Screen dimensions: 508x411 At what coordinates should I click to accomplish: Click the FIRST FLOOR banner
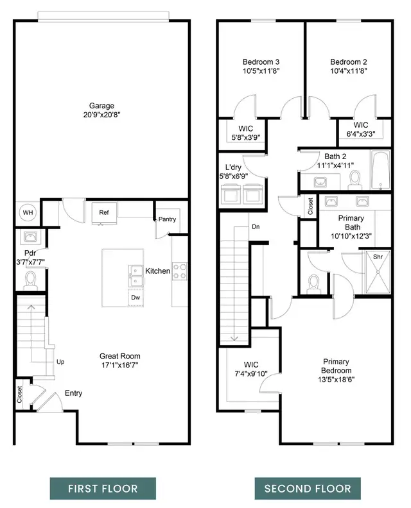click(103, 488)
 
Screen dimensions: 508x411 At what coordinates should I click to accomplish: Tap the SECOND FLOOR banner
click(308, 488)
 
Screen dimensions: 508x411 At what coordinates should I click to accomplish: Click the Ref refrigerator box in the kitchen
click(103, 213)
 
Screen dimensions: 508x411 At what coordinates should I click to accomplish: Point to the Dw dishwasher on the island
click(136, 298)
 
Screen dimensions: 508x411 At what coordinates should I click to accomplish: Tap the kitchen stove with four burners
click(179, 271)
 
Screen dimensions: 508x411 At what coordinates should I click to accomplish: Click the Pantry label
click(167, 219)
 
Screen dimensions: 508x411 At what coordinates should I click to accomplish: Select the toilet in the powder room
click(30, 279)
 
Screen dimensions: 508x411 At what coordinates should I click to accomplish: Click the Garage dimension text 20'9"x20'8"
click(101, 114)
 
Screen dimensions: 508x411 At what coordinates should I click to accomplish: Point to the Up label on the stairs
click(61, 362)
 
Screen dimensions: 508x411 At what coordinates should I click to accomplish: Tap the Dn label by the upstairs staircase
click(255, 226)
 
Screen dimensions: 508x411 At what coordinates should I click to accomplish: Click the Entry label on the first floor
click(73, 393)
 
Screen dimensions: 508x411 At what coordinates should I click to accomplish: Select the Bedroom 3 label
click(260, 62)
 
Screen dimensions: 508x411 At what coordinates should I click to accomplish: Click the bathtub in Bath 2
click(380, 171)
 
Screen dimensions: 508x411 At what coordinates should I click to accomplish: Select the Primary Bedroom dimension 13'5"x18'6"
click(337, 379)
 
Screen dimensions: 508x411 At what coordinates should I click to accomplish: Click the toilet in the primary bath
click(313, 283)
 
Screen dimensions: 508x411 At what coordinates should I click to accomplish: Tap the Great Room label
click(119, 356)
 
